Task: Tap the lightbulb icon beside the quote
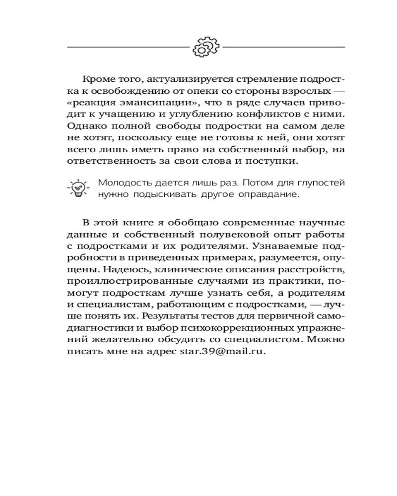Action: point(78,188)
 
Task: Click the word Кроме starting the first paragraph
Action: point(96,79)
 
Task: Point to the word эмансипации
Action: point(151,103)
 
